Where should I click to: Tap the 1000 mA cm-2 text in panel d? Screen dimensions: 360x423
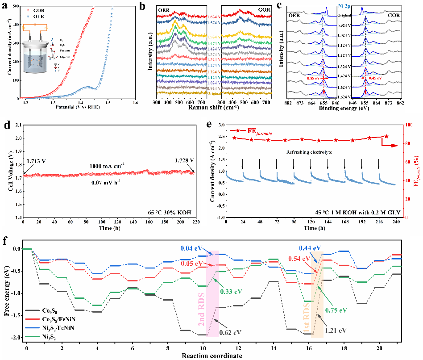point(108,165)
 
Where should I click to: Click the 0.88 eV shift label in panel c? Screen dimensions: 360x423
point(315,78)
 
